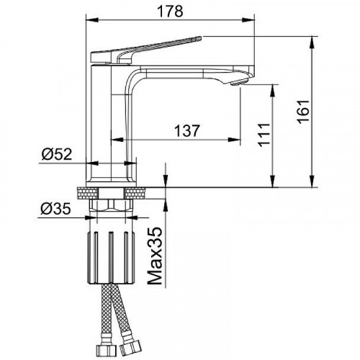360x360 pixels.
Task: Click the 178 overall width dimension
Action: coord(170,12)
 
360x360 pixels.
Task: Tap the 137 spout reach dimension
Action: coord(186,131)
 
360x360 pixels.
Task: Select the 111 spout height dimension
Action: coord(264,135)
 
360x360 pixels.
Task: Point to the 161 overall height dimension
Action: coord(303,112)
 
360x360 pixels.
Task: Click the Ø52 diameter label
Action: coord(57,154)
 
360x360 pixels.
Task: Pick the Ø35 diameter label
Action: coord(55,208)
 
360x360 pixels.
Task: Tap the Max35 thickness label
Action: coord(154,256)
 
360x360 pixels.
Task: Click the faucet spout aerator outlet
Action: coord(238,83)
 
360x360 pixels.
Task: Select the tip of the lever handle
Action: coord(200,37)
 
